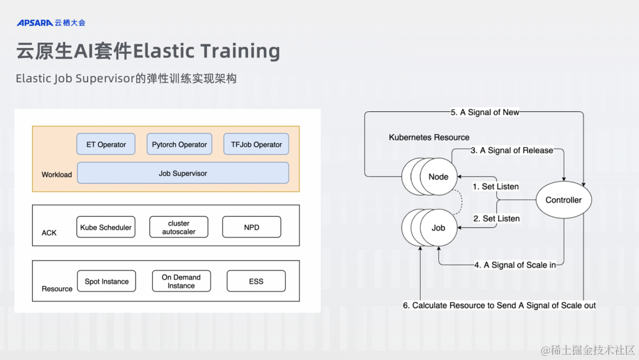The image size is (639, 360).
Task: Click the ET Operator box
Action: (106, 144)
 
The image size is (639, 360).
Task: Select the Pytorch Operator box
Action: (179, 144)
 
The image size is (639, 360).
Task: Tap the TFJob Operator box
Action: (256, 144)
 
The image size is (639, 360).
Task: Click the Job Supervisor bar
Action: (183, 173)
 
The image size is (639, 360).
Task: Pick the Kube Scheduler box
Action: (106, 227)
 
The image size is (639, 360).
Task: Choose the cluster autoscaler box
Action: (179, 227)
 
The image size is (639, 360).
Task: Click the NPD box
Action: (251, 227)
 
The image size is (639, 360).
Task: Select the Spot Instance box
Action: (106, 281)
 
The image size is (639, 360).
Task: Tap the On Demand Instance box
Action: (181, 281)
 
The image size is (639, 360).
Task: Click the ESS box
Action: (256, 281)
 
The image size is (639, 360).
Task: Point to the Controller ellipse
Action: (563, 200)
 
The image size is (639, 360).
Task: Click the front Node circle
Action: (438, 176)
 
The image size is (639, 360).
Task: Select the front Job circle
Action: (438, 227)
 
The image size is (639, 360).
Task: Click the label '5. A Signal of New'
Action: (485, 112)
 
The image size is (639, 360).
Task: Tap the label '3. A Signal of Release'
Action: (512, 150)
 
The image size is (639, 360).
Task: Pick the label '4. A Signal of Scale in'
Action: (515, 265)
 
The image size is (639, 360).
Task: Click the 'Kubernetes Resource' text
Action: (429, 137)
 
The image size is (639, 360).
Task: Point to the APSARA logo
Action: (34, 23)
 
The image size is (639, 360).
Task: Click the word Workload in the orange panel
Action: (57, 175)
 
